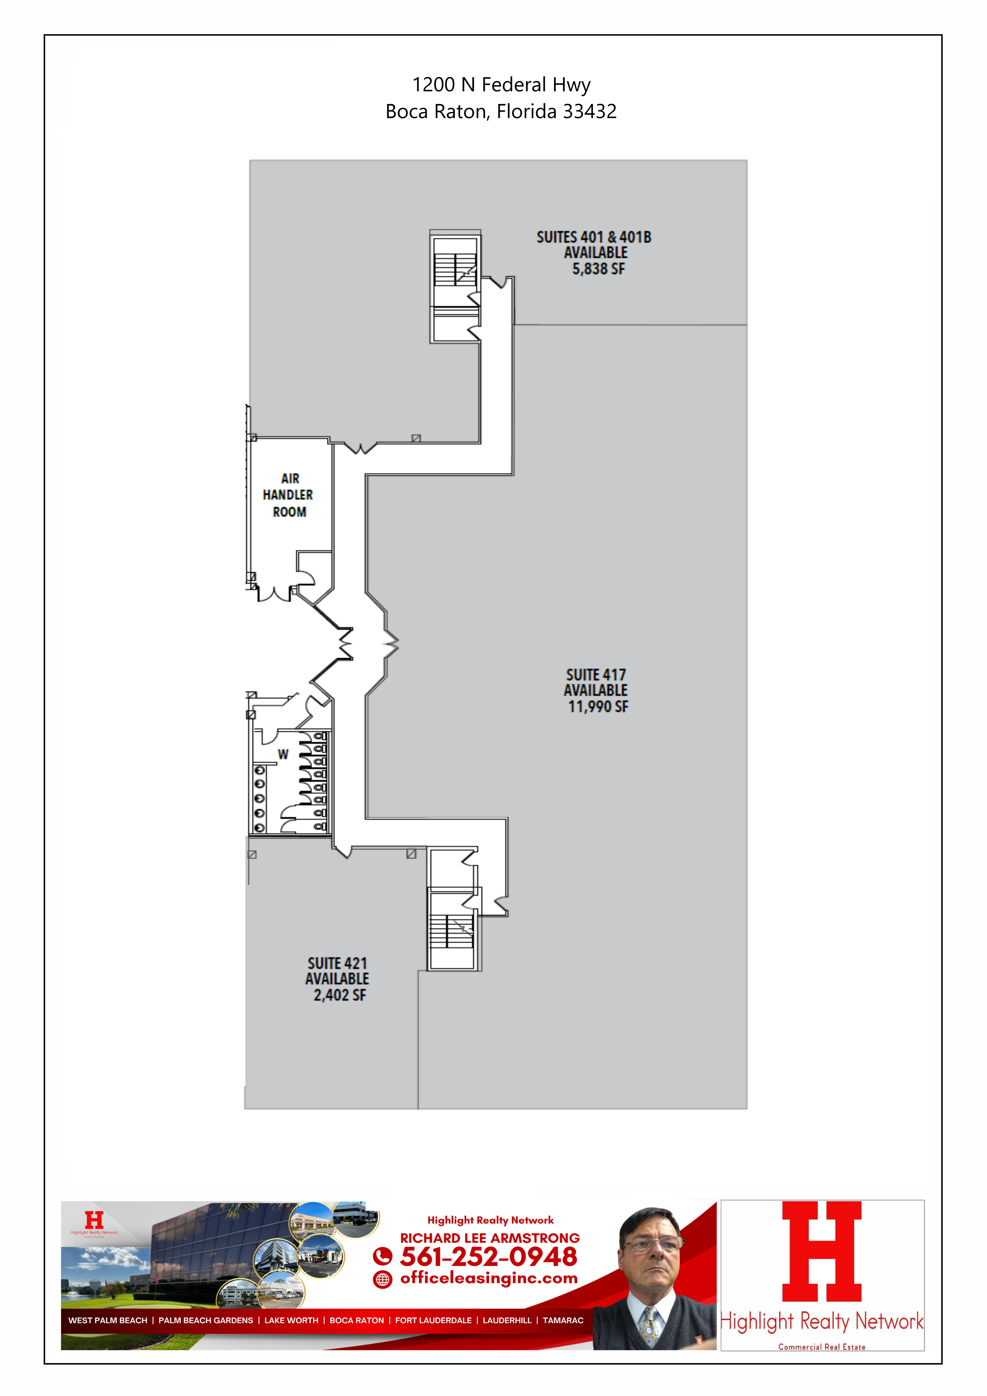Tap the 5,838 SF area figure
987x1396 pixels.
point(598,269)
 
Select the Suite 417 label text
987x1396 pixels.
point(596,675)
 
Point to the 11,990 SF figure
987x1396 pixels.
point(598,706)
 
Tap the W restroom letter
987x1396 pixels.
point(283,754)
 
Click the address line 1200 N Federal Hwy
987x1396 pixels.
point(502,85)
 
